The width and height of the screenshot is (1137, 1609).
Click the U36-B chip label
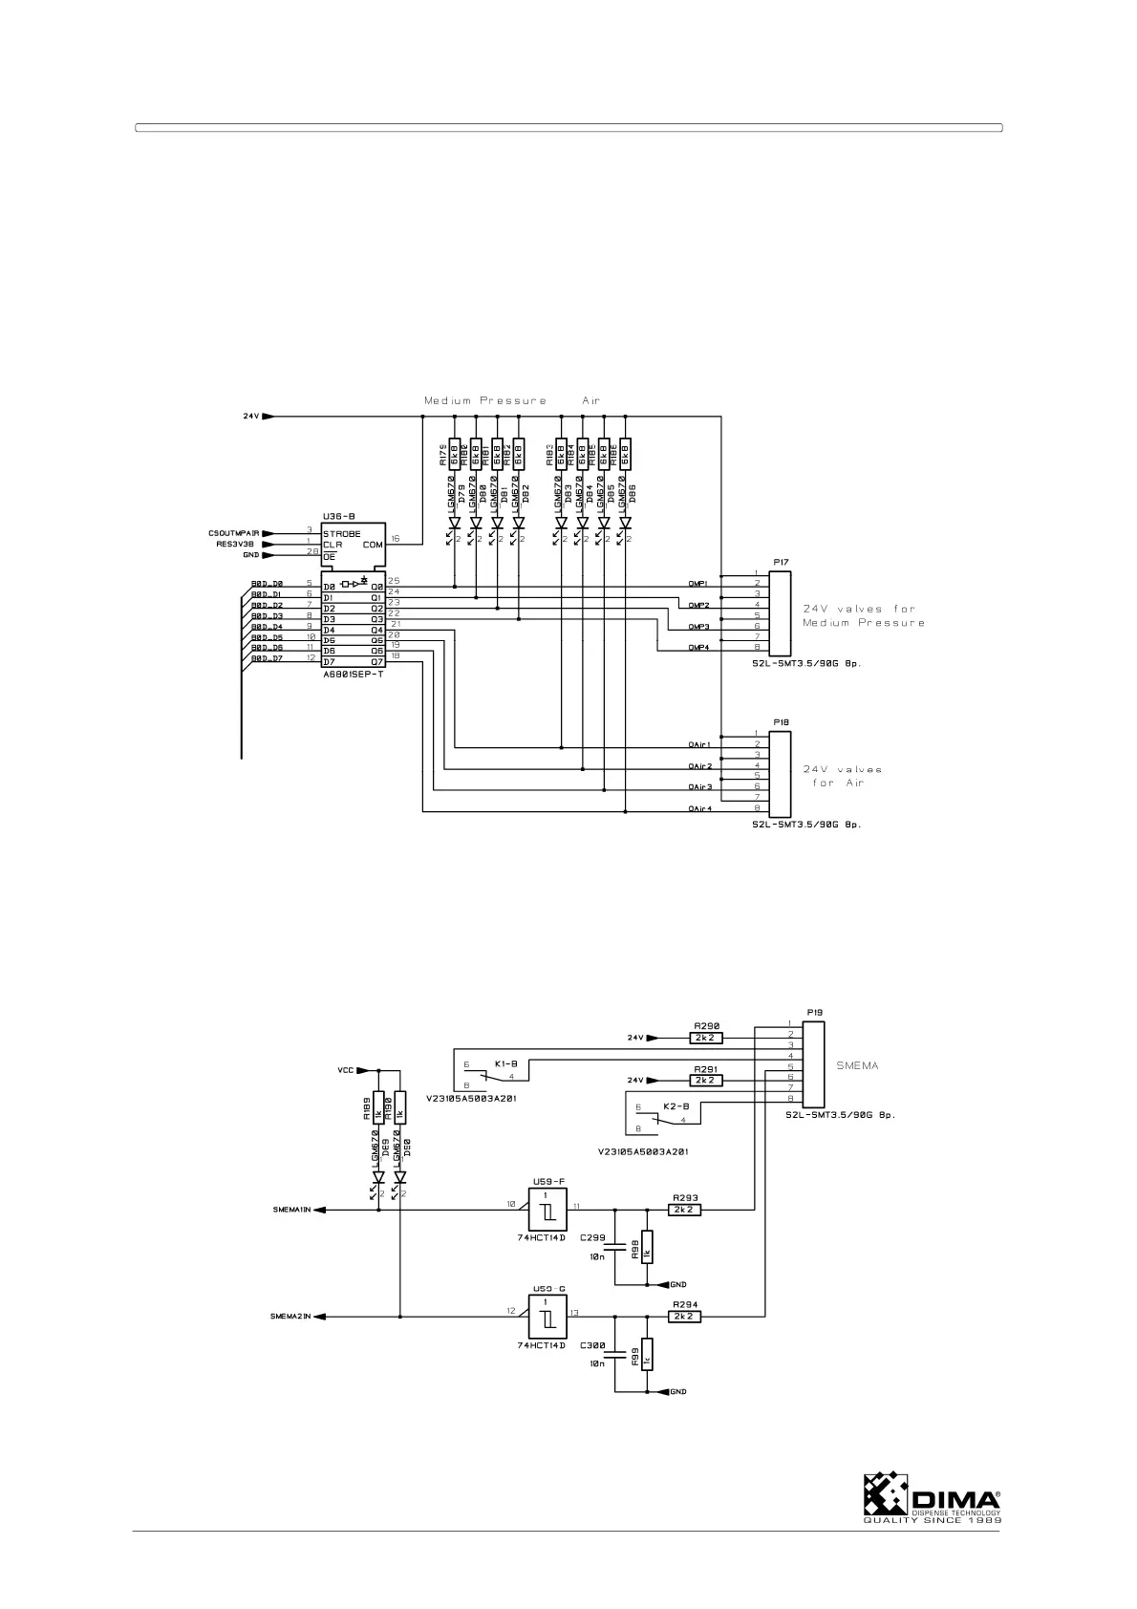(x=339, y=515)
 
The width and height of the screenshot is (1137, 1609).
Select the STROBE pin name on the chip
(x=342, y=533)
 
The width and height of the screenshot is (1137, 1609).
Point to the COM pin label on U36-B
(x=372, y=545)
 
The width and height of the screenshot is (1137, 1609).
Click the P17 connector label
(x=781, y=562)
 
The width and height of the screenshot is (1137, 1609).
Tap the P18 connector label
(x=781, y=722)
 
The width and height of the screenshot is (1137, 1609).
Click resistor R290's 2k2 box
(x=706, y=1037)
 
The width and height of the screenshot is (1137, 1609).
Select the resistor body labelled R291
(x=706, y=1080)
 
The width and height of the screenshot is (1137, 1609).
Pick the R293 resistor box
(x=684, y=1209)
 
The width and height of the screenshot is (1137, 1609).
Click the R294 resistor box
(x=684, y=1316)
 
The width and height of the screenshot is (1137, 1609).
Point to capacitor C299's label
(x=592, y=1237)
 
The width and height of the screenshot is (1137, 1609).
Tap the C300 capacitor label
(x=592, y=1344)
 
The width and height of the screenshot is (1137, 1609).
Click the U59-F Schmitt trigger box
(x=547, y=1210)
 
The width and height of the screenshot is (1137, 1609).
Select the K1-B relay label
(x=505, y=1062)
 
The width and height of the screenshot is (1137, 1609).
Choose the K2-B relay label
(x=676, y=1105)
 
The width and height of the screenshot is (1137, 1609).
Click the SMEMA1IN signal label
(x=291, y=1210)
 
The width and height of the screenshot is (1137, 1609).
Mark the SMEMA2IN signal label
(x=291, y=1317)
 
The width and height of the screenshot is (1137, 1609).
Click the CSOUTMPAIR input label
(x=234, y=533)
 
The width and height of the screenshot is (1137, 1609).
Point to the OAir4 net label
(x=700, y=809)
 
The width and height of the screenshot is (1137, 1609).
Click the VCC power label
(x=345, y=1070)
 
